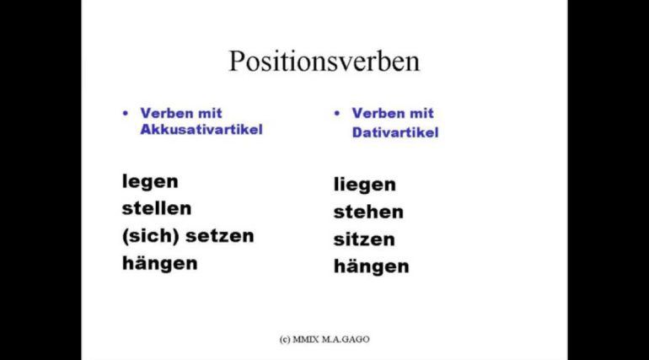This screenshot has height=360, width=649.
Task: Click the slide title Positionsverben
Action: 324,62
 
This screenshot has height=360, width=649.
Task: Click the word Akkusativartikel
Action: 201,130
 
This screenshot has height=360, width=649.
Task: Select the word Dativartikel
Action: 394,132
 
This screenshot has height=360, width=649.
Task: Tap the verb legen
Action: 150,182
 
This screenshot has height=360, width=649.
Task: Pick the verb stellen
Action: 157,208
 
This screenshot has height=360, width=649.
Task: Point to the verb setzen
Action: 219,236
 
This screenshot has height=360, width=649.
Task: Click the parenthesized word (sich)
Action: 151,236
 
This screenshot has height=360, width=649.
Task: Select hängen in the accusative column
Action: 159,264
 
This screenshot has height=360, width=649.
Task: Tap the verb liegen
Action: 365,185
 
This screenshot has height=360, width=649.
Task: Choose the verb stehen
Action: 368,212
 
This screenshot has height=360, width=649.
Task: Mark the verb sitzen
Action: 364,239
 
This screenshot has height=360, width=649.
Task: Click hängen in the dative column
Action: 371,267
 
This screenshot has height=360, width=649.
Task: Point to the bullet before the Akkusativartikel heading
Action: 126,113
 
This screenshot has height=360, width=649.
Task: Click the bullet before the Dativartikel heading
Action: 337,113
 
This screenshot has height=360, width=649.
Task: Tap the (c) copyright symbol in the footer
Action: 285,340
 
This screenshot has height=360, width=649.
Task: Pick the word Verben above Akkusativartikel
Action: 167,113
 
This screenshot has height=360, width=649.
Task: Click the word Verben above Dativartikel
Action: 378,113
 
